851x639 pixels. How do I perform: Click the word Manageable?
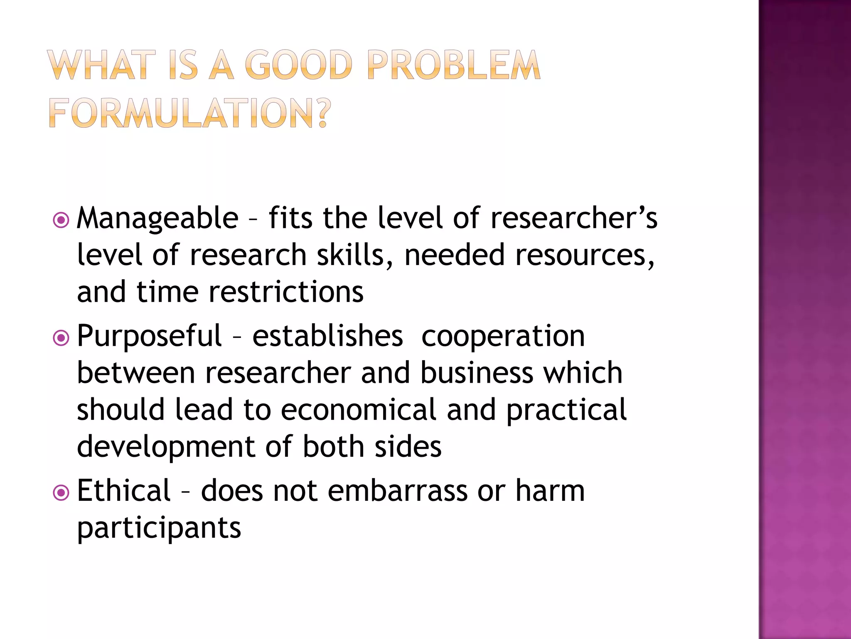157,219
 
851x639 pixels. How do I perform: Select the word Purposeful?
149,336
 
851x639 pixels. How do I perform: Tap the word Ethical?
123,491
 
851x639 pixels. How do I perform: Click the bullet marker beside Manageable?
61,220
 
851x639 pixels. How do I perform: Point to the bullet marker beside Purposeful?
61,338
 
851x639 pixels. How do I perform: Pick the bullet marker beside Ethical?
61,493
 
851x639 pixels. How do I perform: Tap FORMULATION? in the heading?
190,113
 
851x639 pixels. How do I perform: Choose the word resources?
584,255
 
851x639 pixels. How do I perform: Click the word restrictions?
286,292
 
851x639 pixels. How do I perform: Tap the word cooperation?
503,336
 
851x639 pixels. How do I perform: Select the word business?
477,373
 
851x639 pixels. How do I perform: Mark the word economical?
358,410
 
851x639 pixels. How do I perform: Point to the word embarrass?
397,491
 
